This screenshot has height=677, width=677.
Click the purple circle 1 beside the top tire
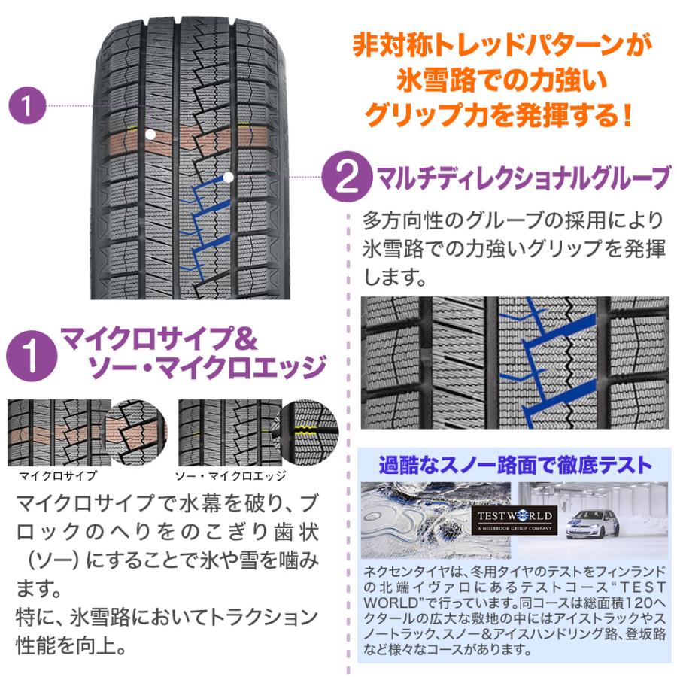(x=28, y=106)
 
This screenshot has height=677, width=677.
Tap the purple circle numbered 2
(x=348, y=178)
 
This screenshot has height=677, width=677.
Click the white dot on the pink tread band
(x=150, y=134)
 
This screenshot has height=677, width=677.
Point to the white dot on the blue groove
(x=228, y=177)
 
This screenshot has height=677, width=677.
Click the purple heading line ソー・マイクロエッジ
(x=208, y=368)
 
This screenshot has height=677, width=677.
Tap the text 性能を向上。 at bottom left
(x=69, y=645)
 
